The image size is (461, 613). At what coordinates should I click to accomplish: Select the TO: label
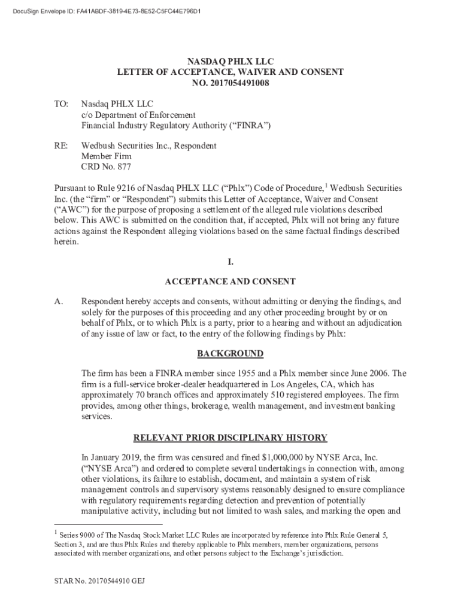(62, 104)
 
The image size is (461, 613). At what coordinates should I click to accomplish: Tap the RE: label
(62, 145)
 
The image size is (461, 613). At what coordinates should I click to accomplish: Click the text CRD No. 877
(106, 167)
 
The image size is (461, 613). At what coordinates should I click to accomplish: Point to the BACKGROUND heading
(230, 354)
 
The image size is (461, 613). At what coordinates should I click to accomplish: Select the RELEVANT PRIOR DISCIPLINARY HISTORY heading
(230, 438)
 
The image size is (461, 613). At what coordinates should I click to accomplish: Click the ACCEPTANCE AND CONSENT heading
(230, 281)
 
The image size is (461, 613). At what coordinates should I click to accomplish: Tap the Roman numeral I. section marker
(230, 262)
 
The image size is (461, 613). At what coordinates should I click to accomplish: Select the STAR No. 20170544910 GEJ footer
(101, 581)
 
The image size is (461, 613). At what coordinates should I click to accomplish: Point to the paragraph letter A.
(59, 302)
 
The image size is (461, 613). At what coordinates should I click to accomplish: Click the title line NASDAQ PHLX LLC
(230, 62)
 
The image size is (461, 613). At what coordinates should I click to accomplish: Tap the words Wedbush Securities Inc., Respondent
(148, 145)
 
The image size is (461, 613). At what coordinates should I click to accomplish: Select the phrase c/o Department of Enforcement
(138, 114)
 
